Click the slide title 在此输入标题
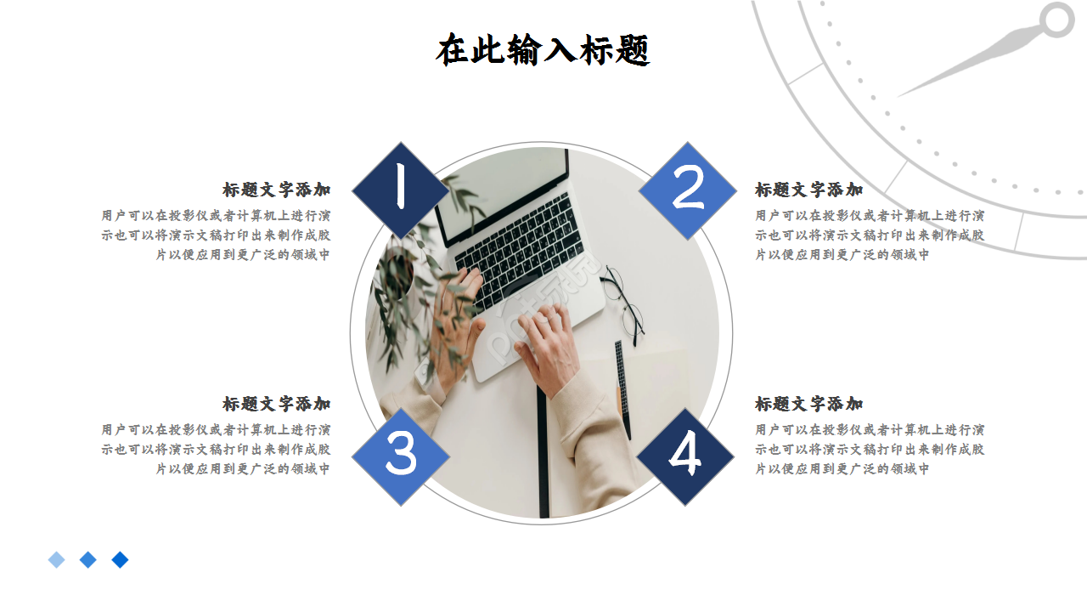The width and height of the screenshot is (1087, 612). pyautogui.click(x=543, y=50)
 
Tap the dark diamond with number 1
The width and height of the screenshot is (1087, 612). pyautogui.click(x=400, y=190)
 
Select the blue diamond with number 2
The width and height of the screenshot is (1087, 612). pyautogui.click(x=688, y=190)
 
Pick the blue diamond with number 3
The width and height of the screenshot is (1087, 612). pyautogui.click(x=400, y=456)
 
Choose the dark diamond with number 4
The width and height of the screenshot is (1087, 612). pyautogui.click(x=685, y=456)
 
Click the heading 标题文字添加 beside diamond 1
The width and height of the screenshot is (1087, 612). pyautogui.click(x=277, y=190)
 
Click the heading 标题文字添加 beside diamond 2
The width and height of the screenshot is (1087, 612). pyautogui.click(x=809, y=190)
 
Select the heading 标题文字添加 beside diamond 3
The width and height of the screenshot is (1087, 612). pyautogui.click(x=277, y=404)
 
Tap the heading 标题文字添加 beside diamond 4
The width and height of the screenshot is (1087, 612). pyautogui.click(x=809, y=404)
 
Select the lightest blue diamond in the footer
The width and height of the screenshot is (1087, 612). pyautogui.click(x=57, y=559)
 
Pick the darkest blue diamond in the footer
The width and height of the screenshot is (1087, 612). pyautogui.click(x=121, y=559)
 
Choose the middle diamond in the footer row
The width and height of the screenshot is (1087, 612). pyautogui.click(x=88, y=559)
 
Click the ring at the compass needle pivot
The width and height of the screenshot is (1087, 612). pyautogui.click(x=1057, y=20)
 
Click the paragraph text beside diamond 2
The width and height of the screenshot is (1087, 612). pyautogui.click(x=870, y=235)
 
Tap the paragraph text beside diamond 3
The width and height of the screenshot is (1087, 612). pyautogui.click(x=216, y=449)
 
